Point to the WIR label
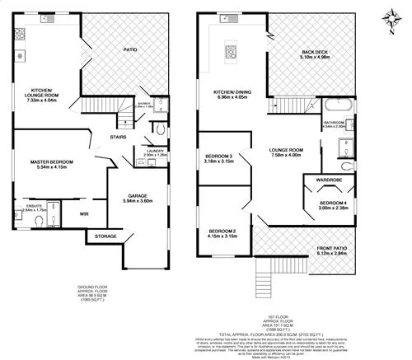(x=84, y=214)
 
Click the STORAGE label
(x=105, y=236)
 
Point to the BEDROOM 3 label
(x=220, y=157)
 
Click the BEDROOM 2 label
(x=222, y=230)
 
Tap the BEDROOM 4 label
(x=333, y=203)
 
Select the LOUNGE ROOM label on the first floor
(x=287, y=148)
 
